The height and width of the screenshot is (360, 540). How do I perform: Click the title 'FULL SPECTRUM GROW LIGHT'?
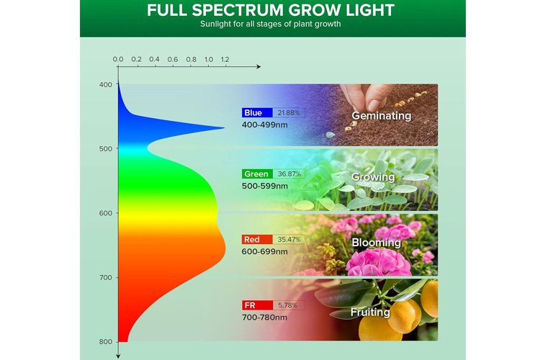(270, 10)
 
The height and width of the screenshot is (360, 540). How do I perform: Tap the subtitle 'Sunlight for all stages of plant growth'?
(270, 24)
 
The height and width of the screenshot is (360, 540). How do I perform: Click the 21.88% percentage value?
(289, 112)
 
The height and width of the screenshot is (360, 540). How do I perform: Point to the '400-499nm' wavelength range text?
(264, 125)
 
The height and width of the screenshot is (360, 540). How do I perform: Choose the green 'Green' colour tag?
(257, 174)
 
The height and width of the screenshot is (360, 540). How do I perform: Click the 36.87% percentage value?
(289, 174)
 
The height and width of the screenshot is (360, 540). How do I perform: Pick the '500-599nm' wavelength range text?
(264, 186)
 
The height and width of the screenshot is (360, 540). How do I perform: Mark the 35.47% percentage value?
(289, 240)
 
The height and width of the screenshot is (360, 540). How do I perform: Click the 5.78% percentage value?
(287, 305)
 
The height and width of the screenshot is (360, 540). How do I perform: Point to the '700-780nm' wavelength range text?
(264, 318)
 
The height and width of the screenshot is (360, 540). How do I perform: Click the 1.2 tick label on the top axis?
(225, 59)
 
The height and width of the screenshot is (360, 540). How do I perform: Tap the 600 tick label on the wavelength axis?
(106, 213)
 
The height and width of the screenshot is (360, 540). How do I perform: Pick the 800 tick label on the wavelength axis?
(106, 342)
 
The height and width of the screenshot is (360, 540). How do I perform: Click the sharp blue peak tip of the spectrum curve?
(224, 128)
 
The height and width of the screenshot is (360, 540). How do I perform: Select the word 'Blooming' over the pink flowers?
(376, 243)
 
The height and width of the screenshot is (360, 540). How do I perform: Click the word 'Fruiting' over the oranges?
(370, 312)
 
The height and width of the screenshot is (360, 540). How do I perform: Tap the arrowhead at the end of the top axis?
(258, 66)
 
